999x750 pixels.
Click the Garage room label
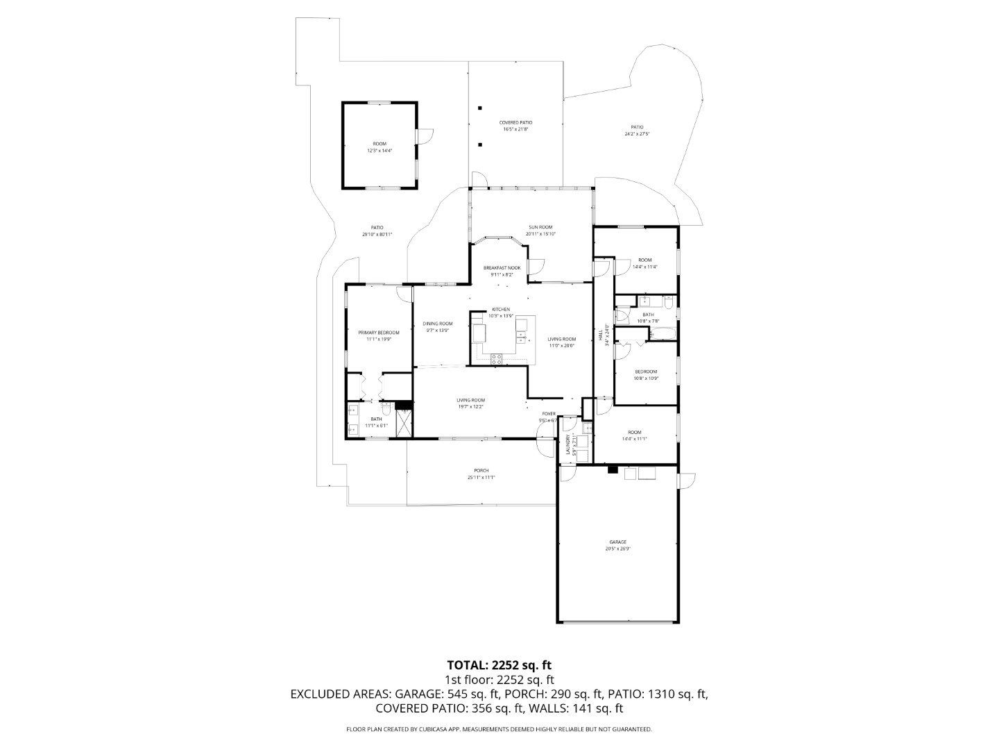(x=617, y=542)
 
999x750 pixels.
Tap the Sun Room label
(x=540, y=227)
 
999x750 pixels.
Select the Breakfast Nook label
(x=502, y=268)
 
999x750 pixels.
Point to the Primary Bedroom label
(x=378, y=333)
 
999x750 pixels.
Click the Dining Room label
(x=438, y=324)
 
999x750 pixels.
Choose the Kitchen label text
(x=501, y=310)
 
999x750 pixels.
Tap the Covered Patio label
(x=515, y=122)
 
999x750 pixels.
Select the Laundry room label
(x=567, y=444)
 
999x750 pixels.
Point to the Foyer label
(x=549, y=414)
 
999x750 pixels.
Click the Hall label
(x=601, y=335)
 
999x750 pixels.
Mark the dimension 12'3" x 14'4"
(x=379, y=151)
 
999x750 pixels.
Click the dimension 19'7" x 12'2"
(x=470, y=407)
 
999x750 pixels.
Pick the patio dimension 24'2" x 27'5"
(x=636, y=134)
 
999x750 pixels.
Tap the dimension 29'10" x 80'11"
(x=377, y=235)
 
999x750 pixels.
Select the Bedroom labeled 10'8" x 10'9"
(x=645, y=372)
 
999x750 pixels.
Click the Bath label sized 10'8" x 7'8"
(x=647, y=315)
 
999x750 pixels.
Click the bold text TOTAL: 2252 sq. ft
(x=499, y=665)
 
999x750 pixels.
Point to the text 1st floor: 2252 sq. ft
(x=499, y=680)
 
